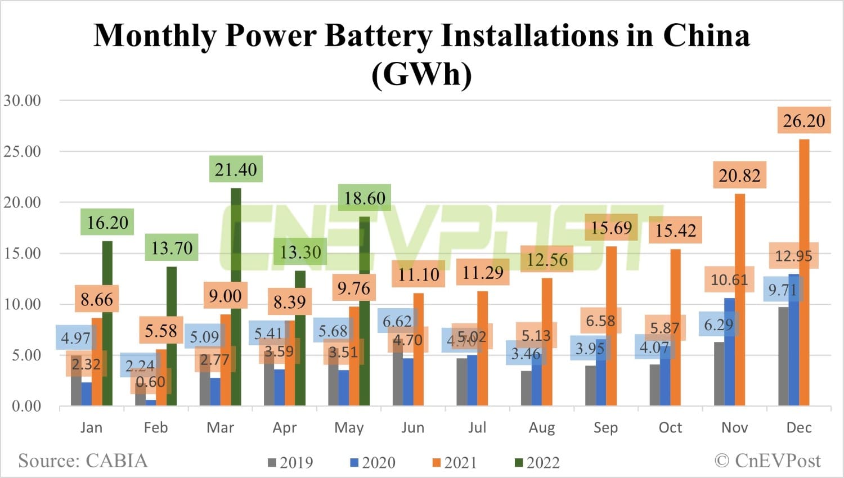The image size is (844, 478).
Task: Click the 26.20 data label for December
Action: point(803,121)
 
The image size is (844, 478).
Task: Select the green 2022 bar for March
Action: point(236,298)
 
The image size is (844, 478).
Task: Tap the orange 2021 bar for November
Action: point(740,301)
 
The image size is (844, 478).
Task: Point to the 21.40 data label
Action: point(236,169)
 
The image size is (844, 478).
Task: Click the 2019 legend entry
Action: point(290,463)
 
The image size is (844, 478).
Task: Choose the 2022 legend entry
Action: point(537,463)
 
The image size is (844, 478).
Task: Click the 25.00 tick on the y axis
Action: point(23,151)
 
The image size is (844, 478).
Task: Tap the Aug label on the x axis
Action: point(541,428)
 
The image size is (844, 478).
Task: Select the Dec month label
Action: point(798,428)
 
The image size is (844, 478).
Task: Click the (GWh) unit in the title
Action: point(421,74)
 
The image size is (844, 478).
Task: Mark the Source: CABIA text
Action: point(83,461)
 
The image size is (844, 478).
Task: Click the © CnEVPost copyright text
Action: point(767,461)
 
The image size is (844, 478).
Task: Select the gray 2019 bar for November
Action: point(719,374)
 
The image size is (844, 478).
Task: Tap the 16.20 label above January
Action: point(107,223)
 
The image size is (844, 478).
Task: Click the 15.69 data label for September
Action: point(611,228)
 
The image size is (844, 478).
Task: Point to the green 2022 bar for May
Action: point(365,312)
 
